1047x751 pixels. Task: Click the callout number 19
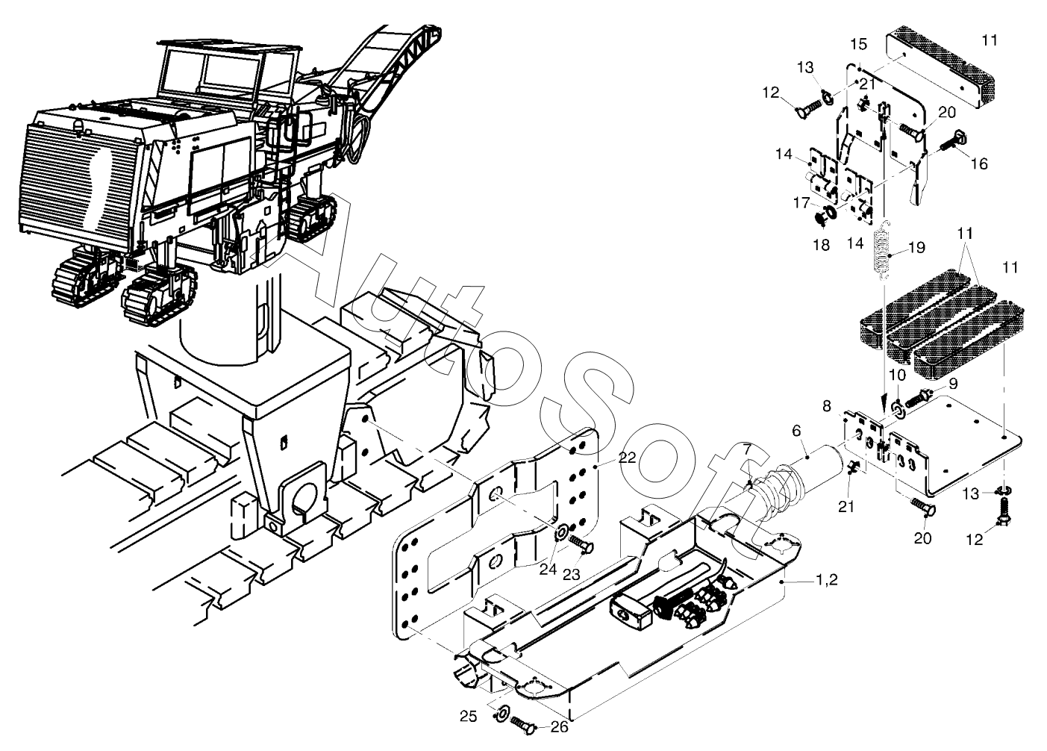click(917, 247)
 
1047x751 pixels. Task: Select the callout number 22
click(627, 458)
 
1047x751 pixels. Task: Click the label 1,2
click(828, 580)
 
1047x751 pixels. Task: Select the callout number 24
click(548, 569)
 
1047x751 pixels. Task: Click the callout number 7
click(748, 450)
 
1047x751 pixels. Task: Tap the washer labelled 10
click(898, 408)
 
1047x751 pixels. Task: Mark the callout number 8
click(827, 406)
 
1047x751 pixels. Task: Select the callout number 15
click(859, 45)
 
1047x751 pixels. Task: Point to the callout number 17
click(801, 203)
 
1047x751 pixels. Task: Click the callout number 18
click(821, 244)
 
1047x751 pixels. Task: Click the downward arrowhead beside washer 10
click(884, 400)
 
